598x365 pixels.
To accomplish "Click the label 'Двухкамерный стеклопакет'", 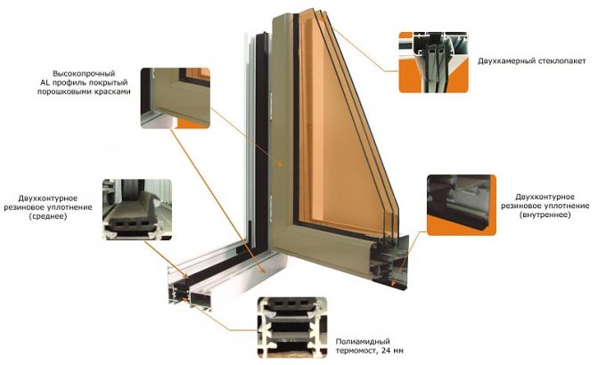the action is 532,61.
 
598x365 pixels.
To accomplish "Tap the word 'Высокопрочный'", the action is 84,74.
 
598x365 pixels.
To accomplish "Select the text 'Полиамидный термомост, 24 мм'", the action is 369,346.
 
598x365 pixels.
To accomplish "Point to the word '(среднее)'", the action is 47,216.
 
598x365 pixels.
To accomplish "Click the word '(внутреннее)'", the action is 545,215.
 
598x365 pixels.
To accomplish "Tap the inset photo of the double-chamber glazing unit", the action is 433,62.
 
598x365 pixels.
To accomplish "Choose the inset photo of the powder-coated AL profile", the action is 176,98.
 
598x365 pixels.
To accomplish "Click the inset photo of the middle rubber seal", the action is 137,209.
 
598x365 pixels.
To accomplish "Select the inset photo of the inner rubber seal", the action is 462,205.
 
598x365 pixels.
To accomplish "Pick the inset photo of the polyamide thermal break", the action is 292,328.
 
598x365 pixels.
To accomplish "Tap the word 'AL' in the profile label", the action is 45,83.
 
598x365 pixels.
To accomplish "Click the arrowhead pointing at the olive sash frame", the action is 280,165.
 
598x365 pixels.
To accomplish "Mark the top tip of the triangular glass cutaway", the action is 323,11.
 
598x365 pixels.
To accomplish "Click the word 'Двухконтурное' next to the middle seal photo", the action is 47,199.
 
